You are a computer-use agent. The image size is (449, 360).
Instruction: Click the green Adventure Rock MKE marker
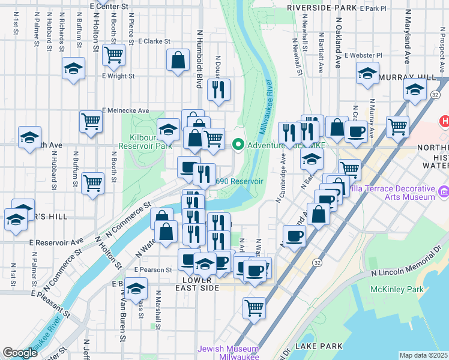(x=238, y=144)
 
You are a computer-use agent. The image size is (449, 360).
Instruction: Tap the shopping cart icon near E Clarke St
(x=113, y=55)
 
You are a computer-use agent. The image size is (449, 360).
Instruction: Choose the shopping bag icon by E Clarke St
(x=178, y=60)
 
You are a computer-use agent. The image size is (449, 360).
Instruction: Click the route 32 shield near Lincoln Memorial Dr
(x=317, y=263)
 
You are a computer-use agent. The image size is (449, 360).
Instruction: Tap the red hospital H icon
(x=445, y=121)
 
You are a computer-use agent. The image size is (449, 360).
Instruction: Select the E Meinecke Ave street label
(x=125, y=110)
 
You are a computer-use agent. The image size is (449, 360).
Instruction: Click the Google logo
(x=20, y=353)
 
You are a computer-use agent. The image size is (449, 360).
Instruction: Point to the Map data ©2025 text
(x=424, y=355)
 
